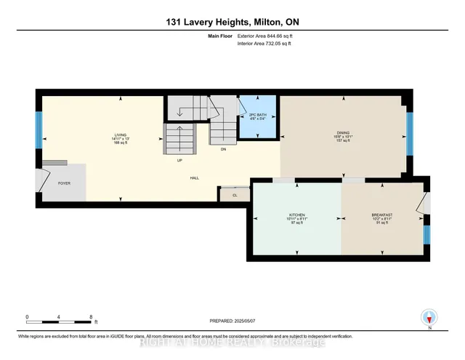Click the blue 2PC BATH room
click(258, 117)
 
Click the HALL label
click(195, 177)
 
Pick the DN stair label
click(223, 148)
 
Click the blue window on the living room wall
click(39, 129)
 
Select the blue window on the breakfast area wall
click(426, 234)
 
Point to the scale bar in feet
click(59, 319)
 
